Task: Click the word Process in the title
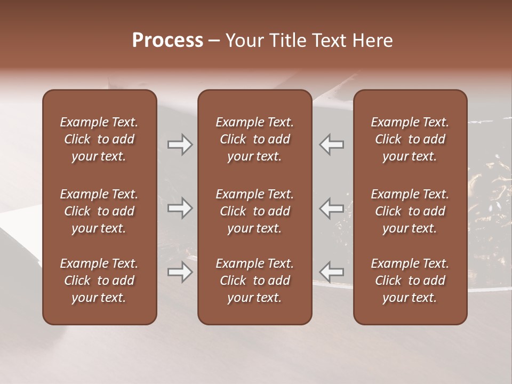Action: [167, 41]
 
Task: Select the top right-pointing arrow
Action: [180, 145]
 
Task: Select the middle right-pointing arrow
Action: [180, 209]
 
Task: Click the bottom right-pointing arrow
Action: [180, 272]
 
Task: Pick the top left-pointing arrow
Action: [331, 145]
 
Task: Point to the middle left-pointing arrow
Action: [331, 209]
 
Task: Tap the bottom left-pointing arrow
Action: [331, 272]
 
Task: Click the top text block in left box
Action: [99, 139]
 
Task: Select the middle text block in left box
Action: [99, 211]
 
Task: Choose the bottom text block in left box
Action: [99, 281]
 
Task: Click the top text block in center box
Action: [254, 139]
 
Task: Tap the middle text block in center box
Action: [254, 211]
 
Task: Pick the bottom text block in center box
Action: [254, 281]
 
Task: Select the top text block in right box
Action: [410, 139]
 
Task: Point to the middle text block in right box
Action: [410, 211]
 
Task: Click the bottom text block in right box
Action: [410, 281]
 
